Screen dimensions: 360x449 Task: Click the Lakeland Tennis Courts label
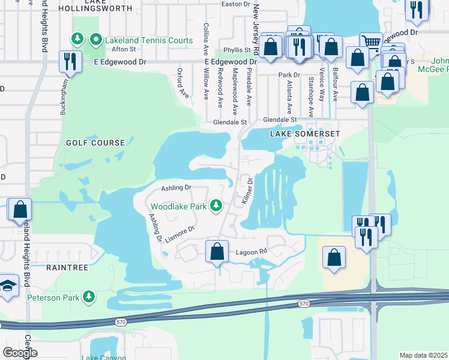[x=149, y=41]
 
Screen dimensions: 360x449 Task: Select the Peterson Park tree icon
[x=89, y=297]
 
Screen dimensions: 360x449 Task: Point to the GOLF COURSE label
[x=96, y=143]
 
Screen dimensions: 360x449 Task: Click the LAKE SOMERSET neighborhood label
[x=305, y=133]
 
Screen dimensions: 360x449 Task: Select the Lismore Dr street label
[x=181, y=234]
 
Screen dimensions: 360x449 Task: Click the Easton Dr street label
[x=235, y=4]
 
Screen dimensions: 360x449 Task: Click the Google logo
[x=20, y=353]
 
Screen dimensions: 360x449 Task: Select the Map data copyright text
[x=423, y=355]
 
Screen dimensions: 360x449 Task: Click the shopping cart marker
[x=372, y=43]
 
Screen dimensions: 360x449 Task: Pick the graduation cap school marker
[x=8, y=287]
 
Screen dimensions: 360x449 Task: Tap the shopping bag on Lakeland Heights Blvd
[x=20, y=209]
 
